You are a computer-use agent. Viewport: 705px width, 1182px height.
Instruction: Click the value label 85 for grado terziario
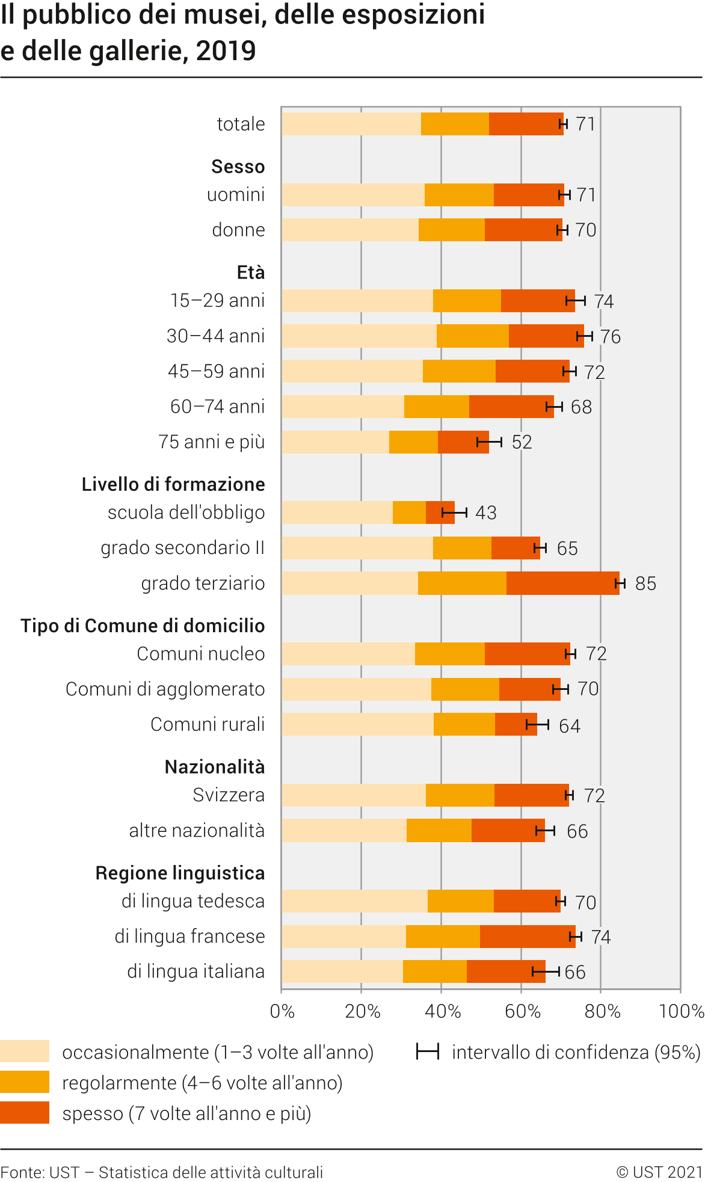(645, 583)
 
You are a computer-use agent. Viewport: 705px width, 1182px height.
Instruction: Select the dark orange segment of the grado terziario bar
(562, 583)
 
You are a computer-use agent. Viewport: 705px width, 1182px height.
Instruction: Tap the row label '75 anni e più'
(211, 442)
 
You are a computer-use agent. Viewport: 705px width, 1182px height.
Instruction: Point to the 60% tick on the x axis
(522, 1012)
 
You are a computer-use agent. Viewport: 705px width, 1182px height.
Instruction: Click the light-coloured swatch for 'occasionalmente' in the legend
(25, 1051)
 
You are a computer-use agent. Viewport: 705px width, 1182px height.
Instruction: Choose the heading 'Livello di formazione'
(173, 484)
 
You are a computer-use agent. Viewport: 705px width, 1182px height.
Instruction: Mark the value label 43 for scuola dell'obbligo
(486, 513)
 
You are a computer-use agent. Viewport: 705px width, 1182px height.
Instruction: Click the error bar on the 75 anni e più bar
(489, 443)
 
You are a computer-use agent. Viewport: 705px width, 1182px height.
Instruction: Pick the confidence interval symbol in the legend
(428, 1051)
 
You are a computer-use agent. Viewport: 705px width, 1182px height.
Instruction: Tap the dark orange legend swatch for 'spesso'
(25, 1113)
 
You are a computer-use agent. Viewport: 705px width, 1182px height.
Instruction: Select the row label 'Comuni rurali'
(208, 724)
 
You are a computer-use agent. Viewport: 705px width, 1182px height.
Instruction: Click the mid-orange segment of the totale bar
(455, 124)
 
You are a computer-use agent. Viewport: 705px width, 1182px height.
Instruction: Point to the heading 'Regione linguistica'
(180, 873)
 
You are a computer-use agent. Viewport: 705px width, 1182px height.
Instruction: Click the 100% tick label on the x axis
(682, 1012)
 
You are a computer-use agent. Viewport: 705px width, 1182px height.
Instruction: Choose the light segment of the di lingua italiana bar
(342, 971)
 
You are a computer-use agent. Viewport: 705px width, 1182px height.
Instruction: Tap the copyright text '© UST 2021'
(659, 1172)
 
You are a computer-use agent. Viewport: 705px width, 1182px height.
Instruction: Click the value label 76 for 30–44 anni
(610, 337)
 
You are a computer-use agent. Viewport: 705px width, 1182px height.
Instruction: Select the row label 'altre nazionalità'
(197, 831)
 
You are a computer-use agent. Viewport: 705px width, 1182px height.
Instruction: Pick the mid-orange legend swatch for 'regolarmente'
(25, 1082)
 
